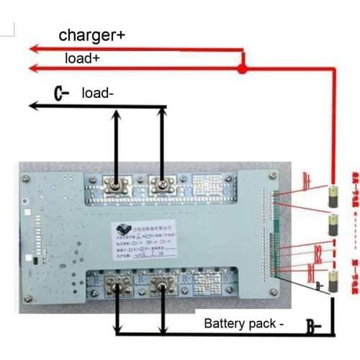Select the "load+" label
point(82,58)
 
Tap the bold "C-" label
point(60,94)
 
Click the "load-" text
point(97,93)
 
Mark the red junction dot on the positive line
point(243,69)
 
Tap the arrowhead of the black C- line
point(32,107)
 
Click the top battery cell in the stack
point(333,194)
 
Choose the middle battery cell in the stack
point(333,220)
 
